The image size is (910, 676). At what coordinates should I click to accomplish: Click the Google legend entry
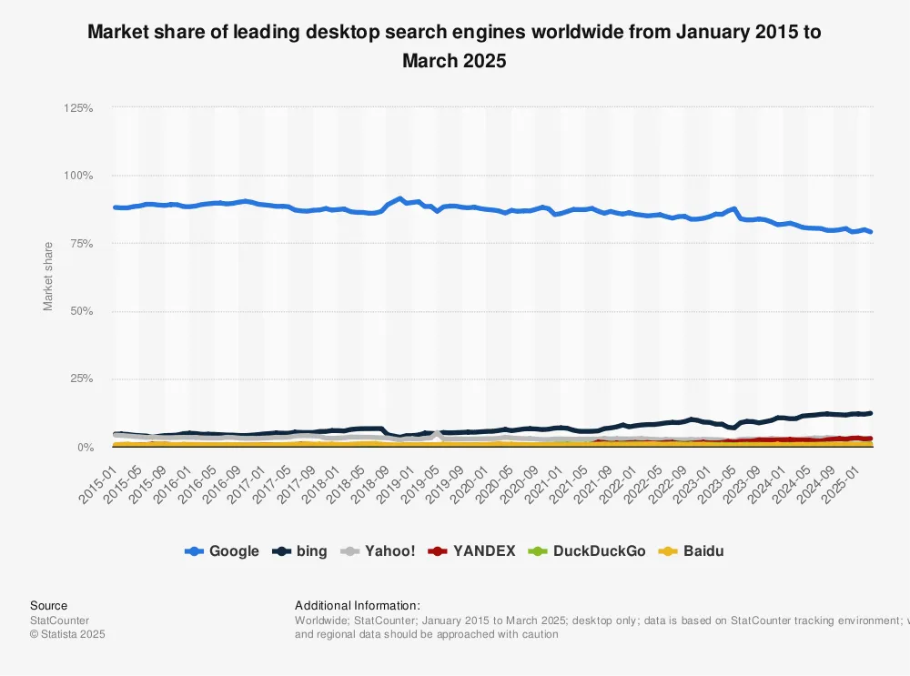pyautogui.click(x=222, y=551)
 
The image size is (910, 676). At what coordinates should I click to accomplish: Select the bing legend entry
pyautogui.click(x=300, y=551)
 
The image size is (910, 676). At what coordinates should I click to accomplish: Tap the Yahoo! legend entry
pyautogui.click(x=378, y=551)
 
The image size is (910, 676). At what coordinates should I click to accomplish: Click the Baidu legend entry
pyautogui.click(x=693, y=551)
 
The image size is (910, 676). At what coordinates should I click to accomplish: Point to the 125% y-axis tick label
pyautogui.click(x=78, y=108)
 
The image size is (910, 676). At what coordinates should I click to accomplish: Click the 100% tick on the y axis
pyautogui.click(x=78, y=176)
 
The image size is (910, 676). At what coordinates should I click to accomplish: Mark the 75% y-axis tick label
pyautogui.click(x=81, y=244)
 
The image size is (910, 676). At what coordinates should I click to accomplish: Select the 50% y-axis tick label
pyautogui.click(x=81, y=312)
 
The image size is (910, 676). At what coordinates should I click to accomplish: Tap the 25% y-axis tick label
pyautogui.click(x=81, y=379)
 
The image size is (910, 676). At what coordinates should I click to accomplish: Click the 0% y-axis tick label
pyautogui.click(x=84, y=448)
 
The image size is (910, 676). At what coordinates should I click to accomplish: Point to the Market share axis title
pyautogui.click(x=48, y=276)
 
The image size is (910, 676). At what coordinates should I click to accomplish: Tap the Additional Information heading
pyautogui.click(x=357, y=605)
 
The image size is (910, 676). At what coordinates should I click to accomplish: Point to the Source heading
pyautogui.click(x=48, y=605)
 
